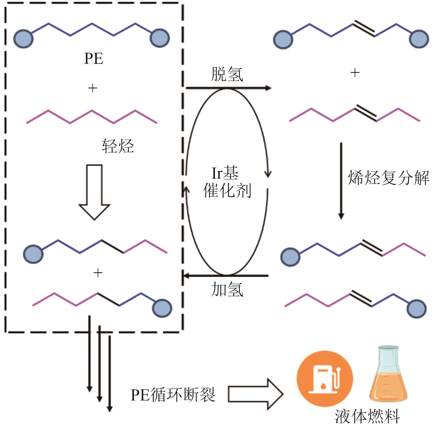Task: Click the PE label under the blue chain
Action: (94, 58)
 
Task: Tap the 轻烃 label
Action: (118, 146)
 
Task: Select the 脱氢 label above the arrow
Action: (227, 74)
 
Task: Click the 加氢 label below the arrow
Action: (227, 289)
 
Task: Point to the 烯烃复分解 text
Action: (388, 178)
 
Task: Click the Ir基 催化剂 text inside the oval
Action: (226, 182)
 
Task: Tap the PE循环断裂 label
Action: (173, 395)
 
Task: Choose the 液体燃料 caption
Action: (367, 417)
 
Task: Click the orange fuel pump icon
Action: (325, 378)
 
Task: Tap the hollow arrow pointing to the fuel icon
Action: (255, 394)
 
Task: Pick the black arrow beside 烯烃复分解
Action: (341, 181)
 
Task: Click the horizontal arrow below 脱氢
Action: (228, 88)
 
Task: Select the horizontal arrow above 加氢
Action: (226, 276)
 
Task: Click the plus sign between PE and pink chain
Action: (92, 88)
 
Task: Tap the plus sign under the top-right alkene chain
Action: (355, 73)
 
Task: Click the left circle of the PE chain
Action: (23, 39)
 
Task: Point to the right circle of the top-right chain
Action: (419, 39)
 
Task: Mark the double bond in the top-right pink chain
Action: (365, 114)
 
